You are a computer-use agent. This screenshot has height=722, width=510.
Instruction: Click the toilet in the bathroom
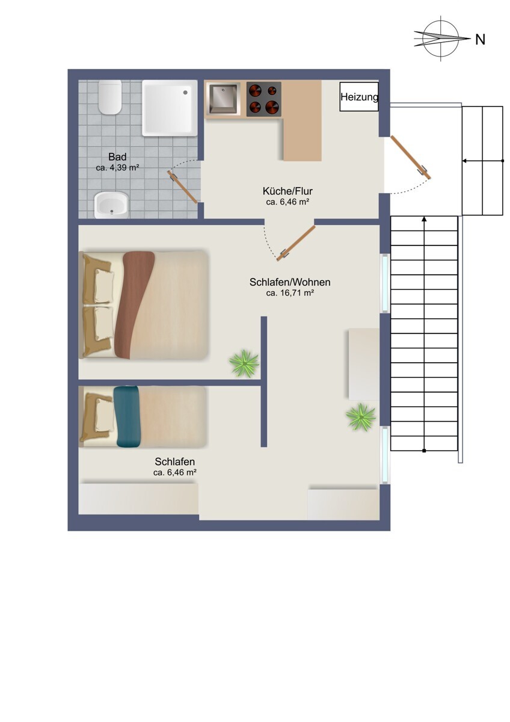point(110,97)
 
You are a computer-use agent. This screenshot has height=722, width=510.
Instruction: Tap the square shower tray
point(170,108)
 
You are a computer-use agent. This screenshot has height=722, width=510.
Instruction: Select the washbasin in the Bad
point(111,205)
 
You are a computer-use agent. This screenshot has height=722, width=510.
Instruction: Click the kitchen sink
point(224,98)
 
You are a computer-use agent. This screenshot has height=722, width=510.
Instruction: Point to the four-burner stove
point(263,99)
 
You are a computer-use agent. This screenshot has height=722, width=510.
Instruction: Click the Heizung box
point(359,97)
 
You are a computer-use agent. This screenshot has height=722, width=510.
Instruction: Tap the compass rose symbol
point(441,39)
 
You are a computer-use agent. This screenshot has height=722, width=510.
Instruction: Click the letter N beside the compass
point(480,40)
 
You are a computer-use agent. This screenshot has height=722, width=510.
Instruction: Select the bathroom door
point(183,187)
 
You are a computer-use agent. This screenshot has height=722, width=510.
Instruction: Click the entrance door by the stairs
point(411,158)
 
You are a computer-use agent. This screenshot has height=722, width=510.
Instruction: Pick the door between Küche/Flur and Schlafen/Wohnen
point(296,243)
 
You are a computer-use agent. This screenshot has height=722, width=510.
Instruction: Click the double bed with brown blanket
point(144,304)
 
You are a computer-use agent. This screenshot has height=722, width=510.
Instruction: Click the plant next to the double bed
point(244,363)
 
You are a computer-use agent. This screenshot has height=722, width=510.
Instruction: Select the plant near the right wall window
point(360,416)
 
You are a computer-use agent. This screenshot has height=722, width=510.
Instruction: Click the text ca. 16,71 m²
point(290,293)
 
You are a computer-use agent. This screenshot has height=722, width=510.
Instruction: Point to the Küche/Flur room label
point(287,191)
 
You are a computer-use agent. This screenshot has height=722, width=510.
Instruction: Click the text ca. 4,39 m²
point(117,168)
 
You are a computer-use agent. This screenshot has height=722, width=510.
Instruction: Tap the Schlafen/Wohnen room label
point(290,282)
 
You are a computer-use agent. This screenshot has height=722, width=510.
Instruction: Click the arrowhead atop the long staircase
point(425,220)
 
